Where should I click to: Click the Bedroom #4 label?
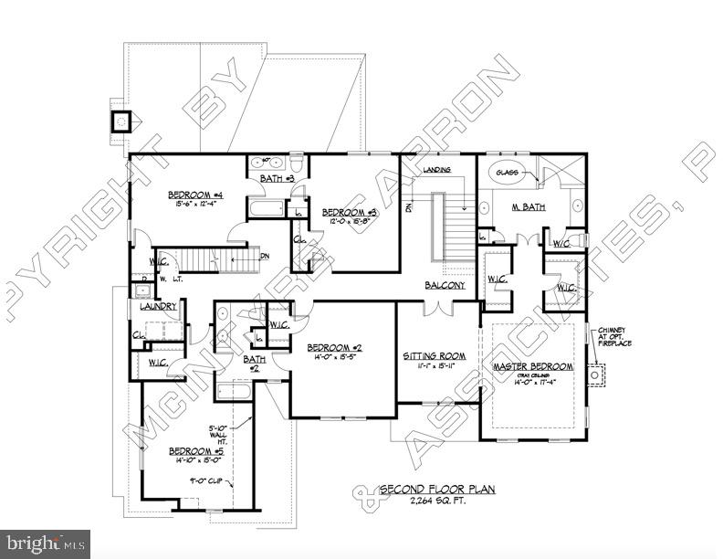195,195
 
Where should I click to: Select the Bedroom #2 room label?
335,348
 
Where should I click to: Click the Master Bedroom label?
533,366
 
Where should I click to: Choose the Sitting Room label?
435,356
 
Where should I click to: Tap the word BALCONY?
445,286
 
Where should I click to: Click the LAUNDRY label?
157,307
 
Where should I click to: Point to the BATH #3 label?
276,178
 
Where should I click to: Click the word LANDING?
437,171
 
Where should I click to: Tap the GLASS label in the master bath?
507,172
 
